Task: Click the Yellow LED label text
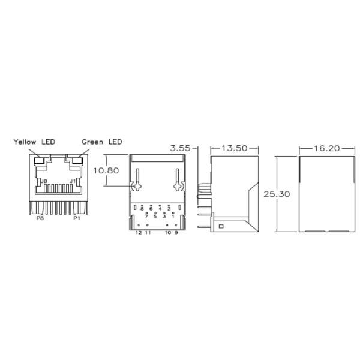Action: tap(35, 142)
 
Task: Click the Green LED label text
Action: tap(102, 142)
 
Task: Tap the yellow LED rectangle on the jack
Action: tap(40, 161)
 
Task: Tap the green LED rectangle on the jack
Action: tap(76, 161)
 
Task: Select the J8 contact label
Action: tap(43, 180)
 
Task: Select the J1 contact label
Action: tap(73, 180)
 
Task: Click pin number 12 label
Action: tap(139, 232)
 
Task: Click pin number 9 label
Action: tap(176, 232)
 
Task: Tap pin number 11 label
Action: tap(148, 232)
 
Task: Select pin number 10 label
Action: tap(167, 232)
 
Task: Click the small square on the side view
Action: tap(220, 226)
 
